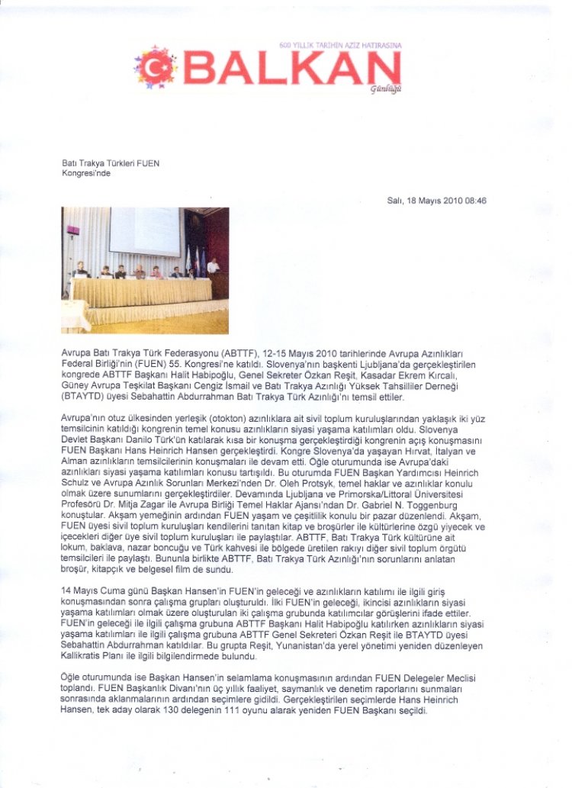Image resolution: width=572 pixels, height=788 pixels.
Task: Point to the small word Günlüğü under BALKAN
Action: coord(385,89)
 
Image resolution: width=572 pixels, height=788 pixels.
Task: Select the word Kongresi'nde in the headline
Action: coord(85,172)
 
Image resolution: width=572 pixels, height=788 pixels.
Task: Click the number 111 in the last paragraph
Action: coord(243,709)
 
